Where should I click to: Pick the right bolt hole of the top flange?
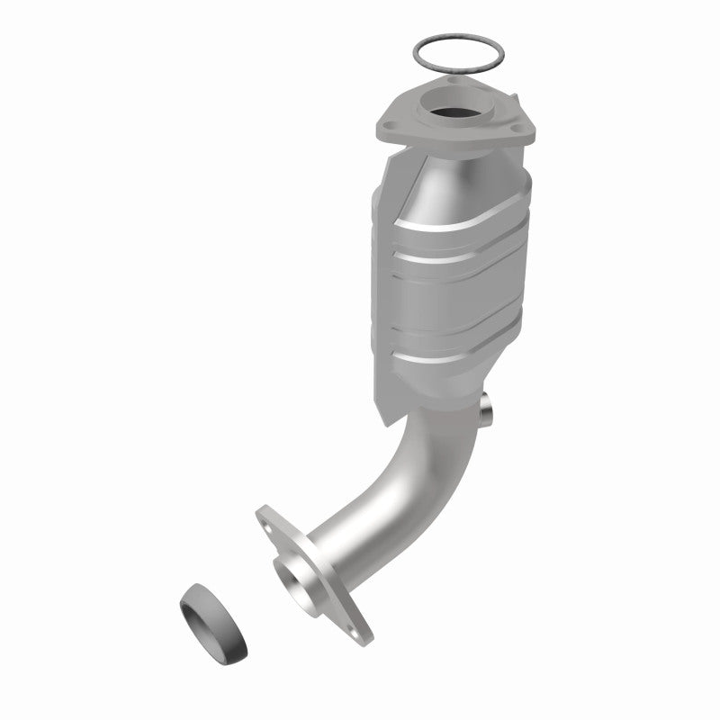(519, 131)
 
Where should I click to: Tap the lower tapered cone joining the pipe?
(441, 396)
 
